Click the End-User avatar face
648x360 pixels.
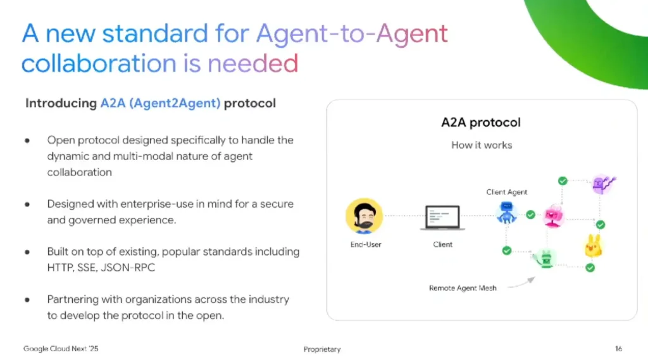click(x=364, y=216)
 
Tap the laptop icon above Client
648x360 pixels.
click(x=442, y=218)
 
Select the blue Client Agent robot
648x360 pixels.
click(x=507, y=213)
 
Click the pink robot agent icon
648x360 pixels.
click(x=553, y=216)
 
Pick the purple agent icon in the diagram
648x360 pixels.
click(x=603, y=184)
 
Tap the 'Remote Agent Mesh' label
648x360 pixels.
click(x=463, y=288)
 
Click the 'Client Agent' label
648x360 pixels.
click(x=507, y=192)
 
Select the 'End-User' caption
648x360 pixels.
click(x=366, y=244)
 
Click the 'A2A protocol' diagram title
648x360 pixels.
click(x=481, y=122)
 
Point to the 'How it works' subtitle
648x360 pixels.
click(x=482, y=145)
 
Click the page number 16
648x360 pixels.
click(x=618, y=349)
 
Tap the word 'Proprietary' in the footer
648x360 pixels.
click(x=322, y=349)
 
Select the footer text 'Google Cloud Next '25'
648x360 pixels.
click(x=61, y=349)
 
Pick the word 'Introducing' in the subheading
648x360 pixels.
click(x=61, y=103)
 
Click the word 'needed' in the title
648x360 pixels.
click(x=252, y=63)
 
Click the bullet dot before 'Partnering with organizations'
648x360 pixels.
click(x=27, y=300)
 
